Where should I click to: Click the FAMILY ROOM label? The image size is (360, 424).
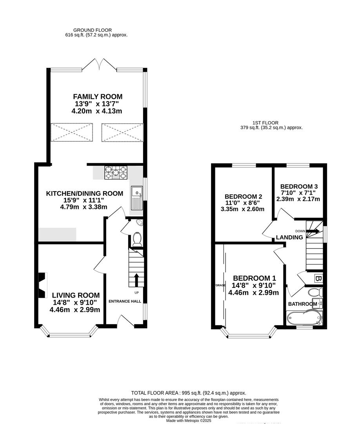click(x=98, y=97)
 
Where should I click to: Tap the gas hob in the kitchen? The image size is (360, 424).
click(x=115, y=173)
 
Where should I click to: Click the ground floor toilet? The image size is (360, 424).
click(x=137, y=239)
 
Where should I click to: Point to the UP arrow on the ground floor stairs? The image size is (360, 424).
click(x=136, y=280)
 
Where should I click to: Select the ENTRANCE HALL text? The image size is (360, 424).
click(x=125, y=301)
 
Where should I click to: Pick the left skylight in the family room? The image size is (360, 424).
click(x=72, y=132)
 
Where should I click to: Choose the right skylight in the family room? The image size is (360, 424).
click(x=122, y=132)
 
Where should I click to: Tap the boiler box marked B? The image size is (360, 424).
click(x=318, y=279)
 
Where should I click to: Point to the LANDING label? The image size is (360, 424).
click(x=289, y=238)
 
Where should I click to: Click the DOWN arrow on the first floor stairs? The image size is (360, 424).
click(x=312, y=231)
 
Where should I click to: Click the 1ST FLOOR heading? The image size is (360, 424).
click(x=271, y=122)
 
